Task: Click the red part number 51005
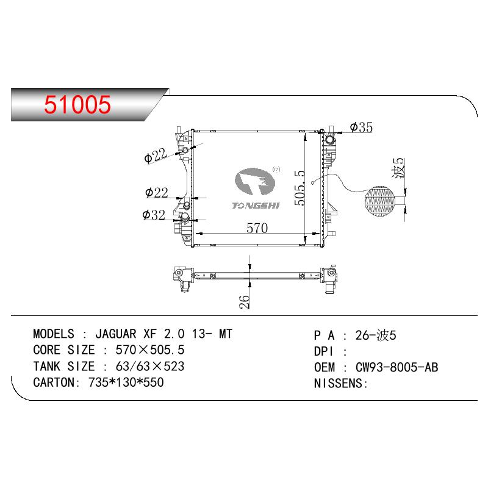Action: point(77,104)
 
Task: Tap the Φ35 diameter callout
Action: point(361,127)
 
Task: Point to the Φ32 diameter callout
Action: point(154,215)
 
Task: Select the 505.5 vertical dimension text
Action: point(300,187)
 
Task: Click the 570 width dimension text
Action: point(257,228)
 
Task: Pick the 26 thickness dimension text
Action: point(245,301)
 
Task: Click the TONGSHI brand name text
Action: point(256,206)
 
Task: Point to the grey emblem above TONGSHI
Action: point(255,181)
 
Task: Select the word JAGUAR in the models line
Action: point(116,334)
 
